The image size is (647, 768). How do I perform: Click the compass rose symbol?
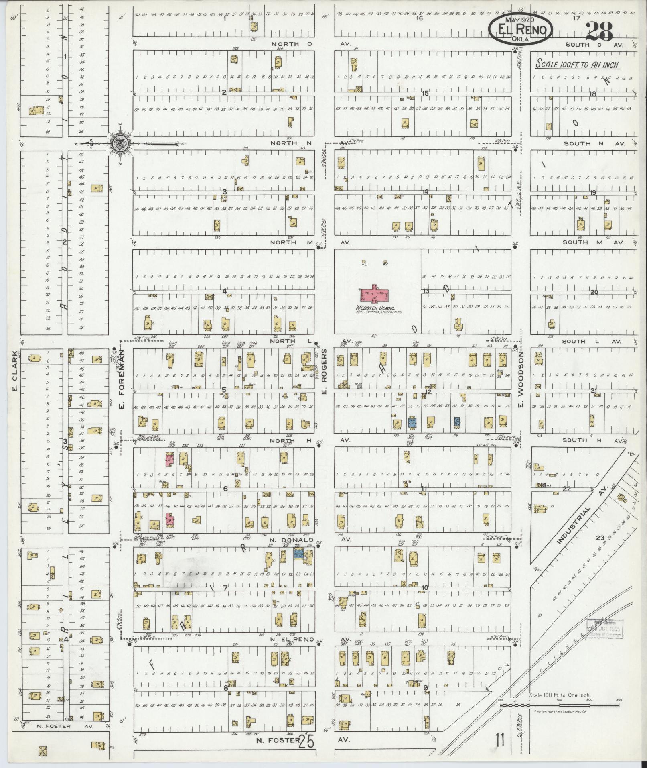[122, 142]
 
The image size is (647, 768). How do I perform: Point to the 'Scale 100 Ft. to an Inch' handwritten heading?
[578, 65]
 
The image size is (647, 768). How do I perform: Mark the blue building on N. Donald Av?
[298, 556]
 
